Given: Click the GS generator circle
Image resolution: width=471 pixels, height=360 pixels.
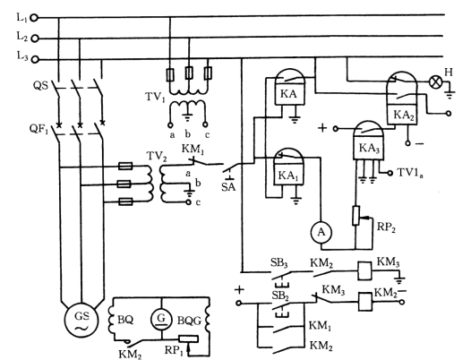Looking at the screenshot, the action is click(81, 320).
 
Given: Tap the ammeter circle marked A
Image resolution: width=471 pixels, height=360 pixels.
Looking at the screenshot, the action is click(321, 232).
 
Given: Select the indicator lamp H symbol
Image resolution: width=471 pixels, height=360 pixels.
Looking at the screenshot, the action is click(434, 81).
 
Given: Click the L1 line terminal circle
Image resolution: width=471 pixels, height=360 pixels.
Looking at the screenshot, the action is click(34, 18).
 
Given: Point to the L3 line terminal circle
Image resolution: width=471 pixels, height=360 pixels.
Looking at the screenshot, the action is click(35, 59).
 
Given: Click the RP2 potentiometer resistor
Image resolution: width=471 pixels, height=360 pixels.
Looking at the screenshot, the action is click(356, 216).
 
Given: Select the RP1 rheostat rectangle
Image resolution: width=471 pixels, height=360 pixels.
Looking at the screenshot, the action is click(188, 339).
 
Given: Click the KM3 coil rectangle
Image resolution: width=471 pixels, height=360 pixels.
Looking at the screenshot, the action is click(364, 270).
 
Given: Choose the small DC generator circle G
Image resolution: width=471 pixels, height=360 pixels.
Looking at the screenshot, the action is click(161, 319).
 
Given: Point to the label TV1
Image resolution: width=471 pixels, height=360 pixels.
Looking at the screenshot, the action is click(155, 97).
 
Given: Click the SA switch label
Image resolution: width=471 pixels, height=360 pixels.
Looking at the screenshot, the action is click(228, 187).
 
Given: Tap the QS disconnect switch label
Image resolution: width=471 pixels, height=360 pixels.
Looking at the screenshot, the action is click(40, 86).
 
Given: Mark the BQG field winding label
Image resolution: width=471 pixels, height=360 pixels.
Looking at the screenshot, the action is click(189, 321).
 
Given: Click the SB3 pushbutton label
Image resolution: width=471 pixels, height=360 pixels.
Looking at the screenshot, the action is click(279, 263).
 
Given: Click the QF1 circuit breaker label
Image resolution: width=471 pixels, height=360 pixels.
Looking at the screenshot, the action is click(39, 129).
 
